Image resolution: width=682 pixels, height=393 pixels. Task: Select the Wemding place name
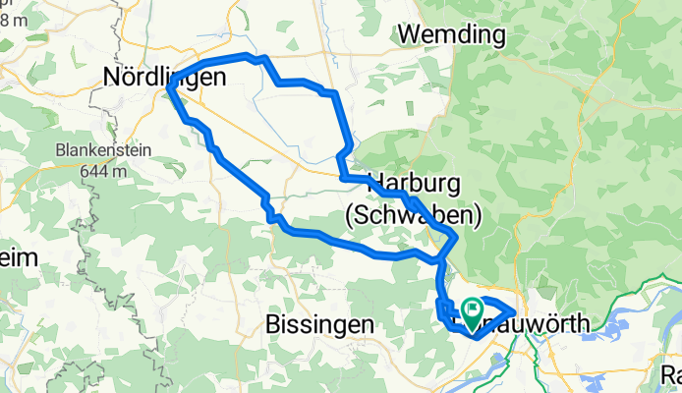[x=452, y=35]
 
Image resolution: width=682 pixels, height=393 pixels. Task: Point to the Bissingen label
[x=320, y=323]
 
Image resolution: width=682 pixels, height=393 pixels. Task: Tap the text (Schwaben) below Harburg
[x=414, y=213]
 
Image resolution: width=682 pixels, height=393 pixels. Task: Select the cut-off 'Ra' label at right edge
[x=671, y=373]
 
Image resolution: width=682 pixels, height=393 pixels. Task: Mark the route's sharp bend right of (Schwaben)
[x=455, y=237]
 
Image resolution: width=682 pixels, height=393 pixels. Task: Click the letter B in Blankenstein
[x=60, y=152]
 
